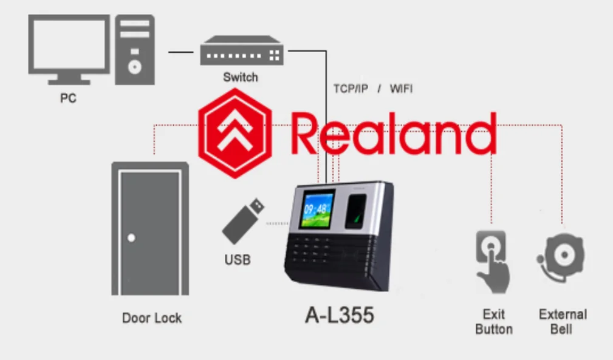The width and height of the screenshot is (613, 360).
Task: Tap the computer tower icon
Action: pyautogui.click(x=134, y=49)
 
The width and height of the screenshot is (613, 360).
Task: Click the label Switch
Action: pyautogui.click(x=240, y=77)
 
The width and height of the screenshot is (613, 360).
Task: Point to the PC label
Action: pyautogui.click(x=68, y=98)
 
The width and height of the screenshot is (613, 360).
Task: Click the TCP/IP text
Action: pyautogui.click(x=351, y=89)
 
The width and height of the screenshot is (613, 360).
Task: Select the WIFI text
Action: pyautogui.click(x=401, y=89)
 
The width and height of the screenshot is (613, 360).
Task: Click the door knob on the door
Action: pyautogui.click(x=131, y=238)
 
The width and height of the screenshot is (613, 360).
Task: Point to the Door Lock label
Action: pyautogui.click(x=152, y=318)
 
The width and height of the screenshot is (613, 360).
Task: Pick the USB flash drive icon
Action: pyautogui.click(x=242, y=220)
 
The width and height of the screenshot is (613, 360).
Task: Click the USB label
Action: pyautogui.click(x=238, y=260)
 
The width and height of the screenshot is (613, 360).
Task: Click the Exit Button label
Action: pyautogui.click(x=494, y=322)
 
